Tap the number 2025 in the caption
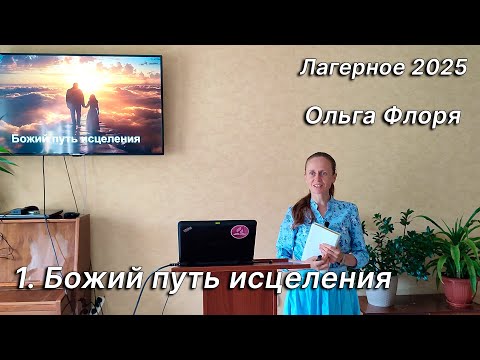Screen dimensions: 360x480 pyautogui.click(x=438, y=69)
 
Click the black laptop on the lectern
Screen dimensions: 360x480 pyautogui.click(x=216, y=242)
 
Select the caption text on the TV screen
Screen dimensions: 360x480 pyautogui.click(x=75, y=138)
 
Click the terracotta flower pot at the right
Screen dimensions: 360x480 pyautogui.click(x=458, y=291)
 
